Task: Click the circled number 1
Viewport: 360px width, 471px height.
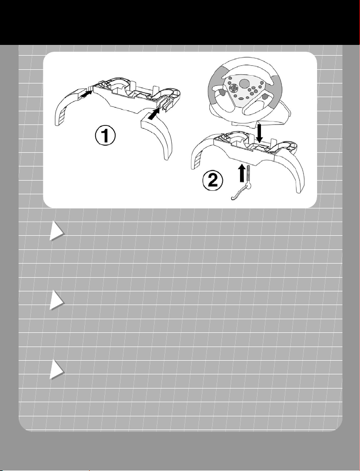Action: click(x=105, y=136)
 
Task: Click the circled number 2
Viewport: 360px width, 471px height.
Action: click(x=213, y=181)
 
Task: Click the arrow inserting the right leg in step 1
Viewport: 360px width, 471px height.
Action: click(x=154, y=114)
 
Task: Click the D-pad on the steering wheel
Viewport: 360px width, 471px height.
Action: click(x=233, y=87)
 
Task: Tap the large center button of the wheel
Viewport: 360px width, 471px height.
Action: click(x=245, y=82)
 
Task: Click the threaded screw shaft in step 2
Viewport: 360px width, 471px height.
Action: click(x=249, y=175)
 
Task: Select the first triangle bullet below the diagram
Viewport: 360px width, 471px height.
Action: click(x=57, y=231)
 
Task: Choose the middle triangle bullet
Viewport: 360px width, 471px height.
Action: click(x=57, y=300)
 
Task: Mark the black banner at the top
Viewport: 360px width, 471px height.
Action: click(x=180, y=22)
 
